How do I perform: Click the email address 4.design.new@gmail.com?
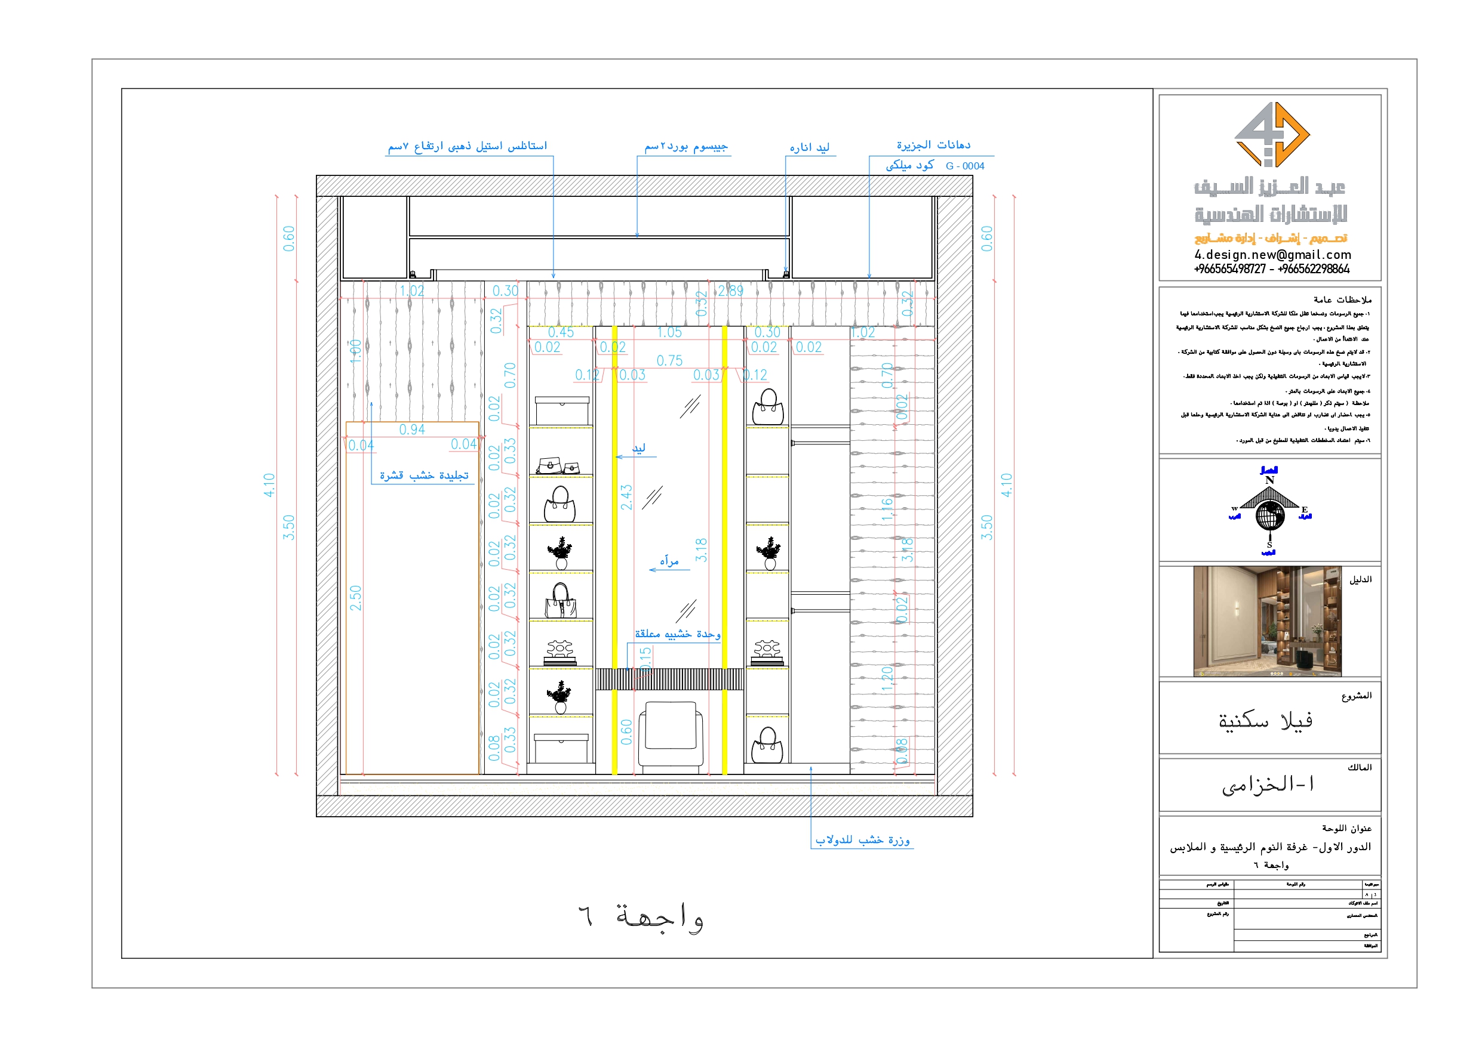tap(1272, 255)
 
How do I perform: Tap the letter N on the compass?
tap(1269, 480)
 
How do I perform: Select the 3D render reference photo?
tap(1267, 620)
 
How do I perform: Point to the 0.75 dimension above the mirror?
tap(669, 360)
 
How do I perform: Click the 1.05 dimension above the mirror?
tap(669, 333)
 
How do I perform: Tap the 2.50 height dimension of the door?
tap(356, 598)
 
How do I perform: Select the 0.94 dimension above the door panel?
tap(412, 430)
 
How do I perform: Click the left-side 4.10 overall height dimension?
tap(269, 484)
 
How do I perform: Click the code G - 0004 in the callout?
tap(964, 166)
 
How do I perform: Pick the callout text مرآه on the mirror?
tap(669, 561)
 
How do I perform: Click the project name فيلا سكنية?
tap(1265, 721)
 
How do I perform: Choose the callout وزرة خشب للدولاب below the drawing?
tap(862, 840)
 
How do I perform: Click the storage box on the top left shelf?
tap(561, 410)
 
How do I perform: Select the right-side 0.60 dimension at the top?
tap(986, 239)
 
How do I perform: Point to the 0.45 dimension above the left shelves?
tap(560, 333)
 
